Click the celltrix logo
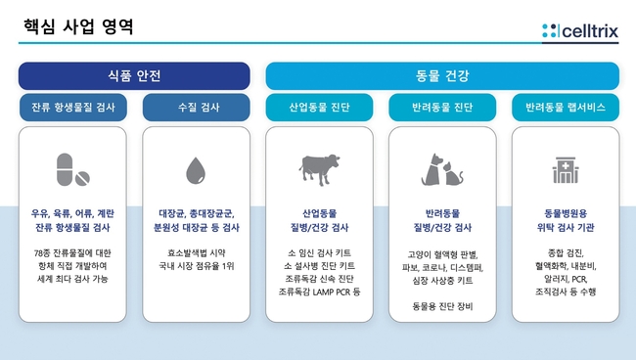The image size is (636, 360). pyautogui.click(x=580, y=30)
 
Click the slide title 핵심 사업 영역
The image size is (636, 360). pyautogui.click(x=78, y=26)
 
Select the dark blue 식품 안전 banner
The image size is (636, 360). pyautogui.click(x=134, y=75)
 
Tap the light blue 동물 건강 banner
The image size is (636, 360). pyautogui.click(x=442, y=75)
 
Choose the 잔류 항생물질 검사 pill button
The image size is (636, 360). pyautogui.click(x=73, y=107)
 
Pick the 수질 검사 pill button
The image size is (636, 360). pyautogui.click(x=197, y=107)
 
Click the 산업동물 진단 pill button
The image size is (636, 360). pyautogui.click(x=319, y=107)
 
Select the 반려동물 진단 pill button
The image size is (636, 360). pyautogui.click(x=442, y=107)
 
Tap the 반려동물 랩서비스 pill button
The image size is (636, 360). pyautogui.click(x=566, y=107)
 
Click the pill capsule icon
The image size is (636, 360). pyautogui.click(x=65, y=169)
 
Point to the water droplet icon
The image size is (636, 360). pyautogui.click(x=196, y=170)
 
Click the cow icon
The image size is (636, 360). pyautogui.click(x=320, y=169)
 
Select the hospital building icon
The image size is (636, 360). pyautogui.click(x=566, y=170)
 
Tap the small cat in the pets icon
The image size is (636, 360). pyautogui.click(x=453, y=173)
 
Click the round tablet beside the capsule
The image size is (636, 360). pyautogui.click(x=82, y=178)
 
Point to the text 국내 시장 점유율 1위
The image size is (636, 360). pyautogui.click(x=197, y=266)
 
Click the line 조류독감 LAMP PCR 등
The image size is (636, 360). pyautogui.click(x=319, y=292)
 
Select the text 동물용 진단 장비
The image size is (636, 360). pyautogui.click(x=442, y=306)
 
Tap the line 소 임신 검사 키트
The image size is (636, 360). pyautogui.click(x=319, y=253)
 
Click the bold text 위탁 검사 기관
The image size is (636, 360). pyautogui.click(x=566, y=227)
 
